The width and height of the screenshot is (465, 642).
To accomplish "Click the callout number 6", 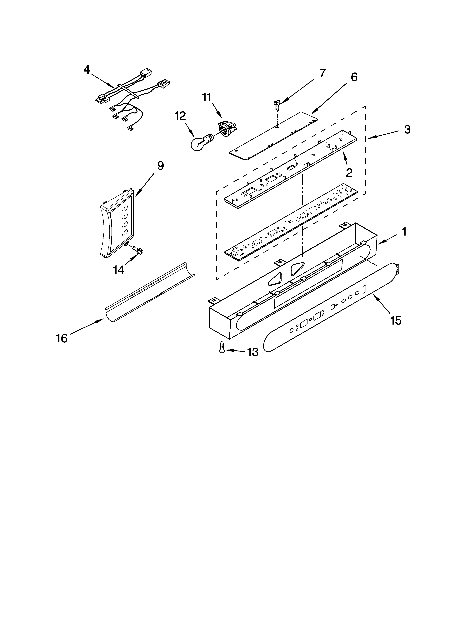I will [354, 77].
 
